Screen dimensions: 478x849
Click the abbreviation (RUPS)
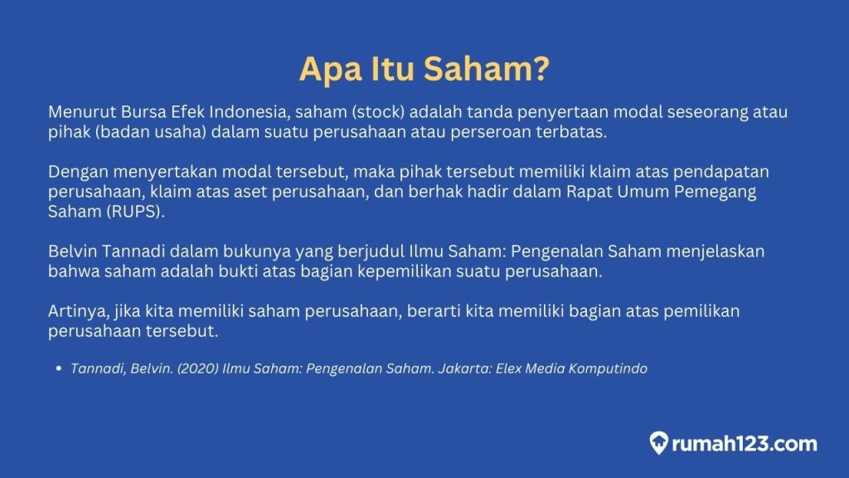[x=132, y=213]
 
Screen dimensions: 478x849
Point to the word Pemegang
[x=729, y=193]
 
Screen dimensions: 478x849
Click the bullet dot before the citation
[x=60, y=368]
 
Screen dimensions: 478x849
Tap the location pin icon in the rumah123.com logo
[x=660, y=443]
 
